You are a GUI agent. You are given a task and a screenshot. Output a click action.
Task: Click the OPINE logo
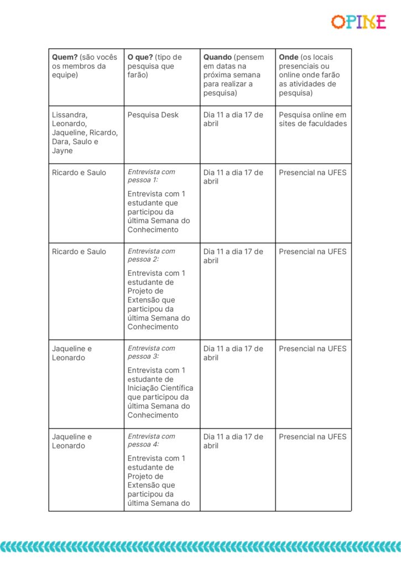point(358,22)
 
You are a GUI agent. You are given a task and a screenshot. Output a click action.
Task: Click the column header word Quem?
point(65,57)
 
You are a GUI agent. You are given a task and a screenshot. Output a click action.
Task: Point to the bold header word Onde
point(288,57)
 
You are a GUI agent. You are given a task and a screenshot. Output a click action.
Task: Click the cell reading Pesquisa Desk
point(153,115)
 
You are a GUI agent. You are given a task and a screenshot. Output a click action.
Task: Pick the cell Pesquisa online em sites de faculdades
point(313,119)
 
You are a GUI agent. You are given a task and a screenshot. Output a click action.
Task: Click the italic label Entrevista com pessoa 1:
point(151,176)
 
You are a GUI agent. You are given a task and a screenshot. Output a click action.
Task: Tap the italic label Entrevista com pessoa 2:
point(151,255)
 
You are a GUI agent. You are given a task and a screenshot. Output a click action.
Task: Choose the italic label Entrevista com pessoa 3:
point(151,352)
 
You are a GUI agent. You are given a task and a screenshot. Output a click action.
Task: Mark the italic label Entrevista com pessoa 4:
point(151,440)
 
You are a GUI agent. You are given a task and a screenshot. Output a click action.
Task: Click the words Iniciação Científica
point(160,388)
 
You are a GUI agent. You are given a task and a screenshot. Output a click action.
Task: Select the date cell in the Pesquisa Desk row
point(233,119)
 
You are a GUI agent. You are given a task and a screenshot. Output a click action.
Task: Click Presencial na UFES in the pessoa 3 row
point(313,349)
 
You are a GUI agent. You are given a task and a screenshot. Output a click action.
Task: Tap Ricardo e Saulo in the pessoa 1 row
point(79,172)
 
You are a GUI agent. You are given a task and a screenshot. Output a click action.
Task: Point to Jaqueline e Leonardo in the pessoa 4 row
point(72,441)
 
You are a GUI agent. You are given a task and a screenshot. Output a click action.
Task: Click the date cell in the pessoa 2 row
point(233,256)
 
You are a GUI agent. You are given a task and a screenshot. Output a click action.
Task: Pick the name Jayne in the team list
point(63,151)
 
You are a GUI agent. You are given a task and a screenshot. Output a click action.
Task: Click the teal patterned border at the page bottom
point(200,546)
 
